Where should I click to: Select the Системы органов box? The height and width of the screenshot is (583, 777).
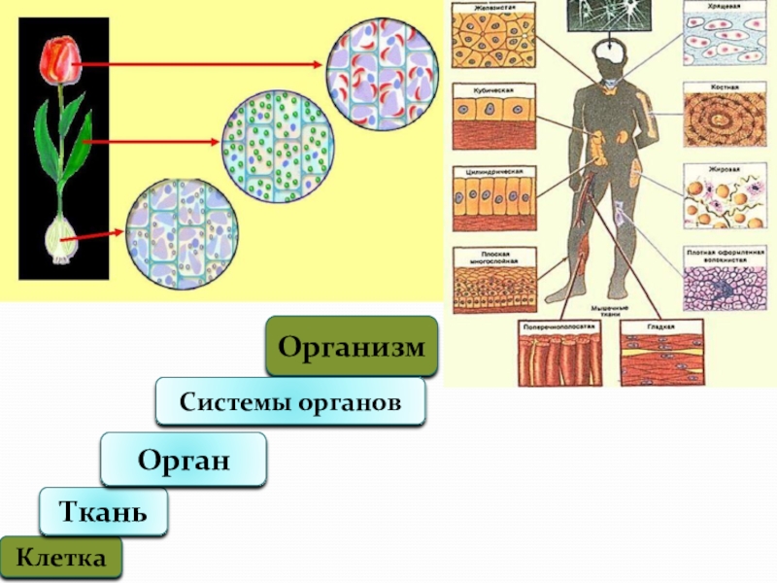(290, 402)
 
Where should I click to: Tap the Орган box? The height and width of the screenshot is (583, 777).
(184, 459)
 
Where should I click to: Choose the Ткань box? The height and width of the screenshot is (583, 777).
(103, 511)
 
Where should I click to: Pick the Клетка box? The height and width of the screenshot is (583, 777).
(62, 559)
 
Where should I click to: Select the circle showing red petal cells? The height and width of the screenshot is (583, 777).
(382, 77)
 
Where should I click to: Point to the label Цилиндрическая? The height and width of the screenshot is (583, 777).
(485, 170)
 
